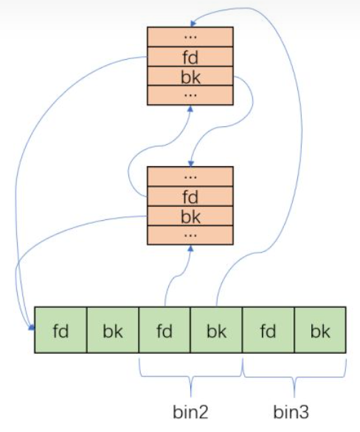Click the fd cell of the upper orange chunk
coord(190,57)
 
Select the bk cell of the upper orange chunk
coord(190,76)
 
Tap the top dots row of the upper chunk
coord(190,37)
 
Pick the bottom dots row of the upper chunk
coord(190,95)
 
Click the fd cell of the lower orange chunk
coord(190,196)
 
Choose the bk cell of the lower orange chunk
coord(190,216)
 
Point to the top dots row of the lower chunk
coord(190,176)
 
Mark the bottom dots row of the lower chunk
coord(190,235)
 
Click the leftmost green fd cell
coord(60,330)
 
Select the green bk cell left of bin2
coord(113,330)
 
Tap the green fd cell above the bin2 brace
coord(165,330)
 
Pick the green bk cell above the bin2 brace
coord(216,330)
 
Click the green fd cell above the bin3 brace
coord(269,330)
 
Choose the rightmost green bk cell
coord(320,330)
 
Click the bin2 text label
coord(190,412)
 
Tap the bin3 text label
coord(291,412)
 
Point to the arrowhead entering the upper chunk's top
coord(193,24)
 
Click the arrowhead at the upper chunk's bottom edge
coord(190,109)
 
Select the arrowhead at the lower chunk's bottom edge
coord(190,248)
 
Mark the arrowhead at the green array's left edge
coord(32,327)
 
